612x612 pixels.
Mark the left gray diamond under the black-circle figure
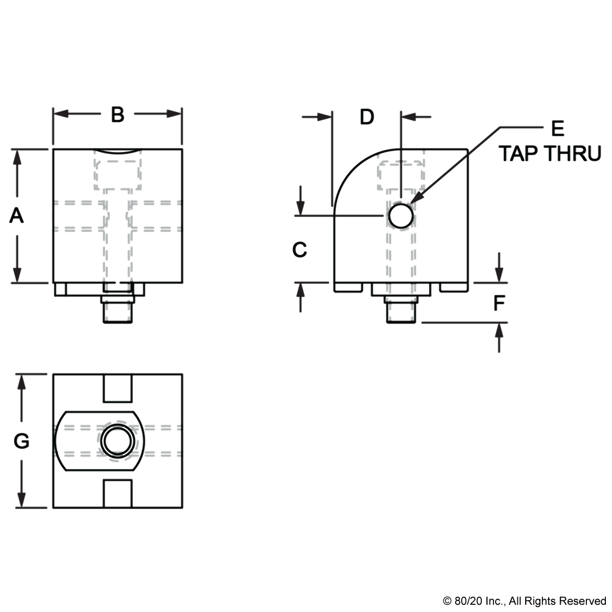point(388,289)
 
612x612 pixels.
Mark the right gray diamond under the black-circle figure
point(413,289)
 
